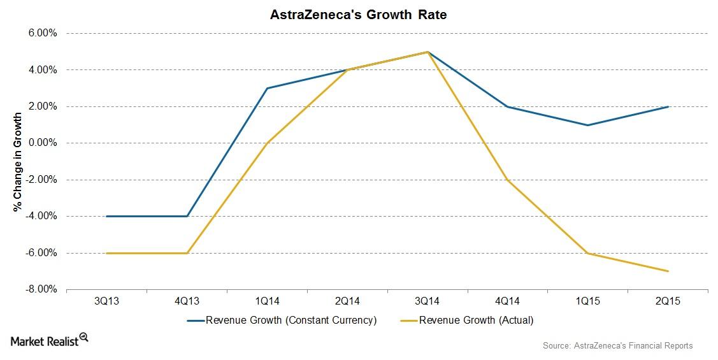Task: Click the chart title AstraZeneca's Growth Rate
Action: coord(359,14)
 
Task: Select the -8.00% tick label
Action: coord(42,290)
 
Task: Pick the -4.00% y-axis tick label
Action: coord(42,217)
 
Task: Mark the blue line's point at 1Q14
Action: coord(267,89)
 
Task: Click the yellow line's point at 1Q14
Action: coord(267,143)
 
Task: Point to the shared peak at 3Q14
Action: coord(427,52)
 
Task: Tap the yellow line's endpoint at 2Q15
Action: coord(668,271)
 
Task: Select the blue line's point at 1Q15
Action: coord(587,125)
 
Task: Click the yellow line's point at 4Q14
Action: coord(507,180)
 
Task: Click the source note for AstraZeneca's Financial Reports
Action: coord(617,345)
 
